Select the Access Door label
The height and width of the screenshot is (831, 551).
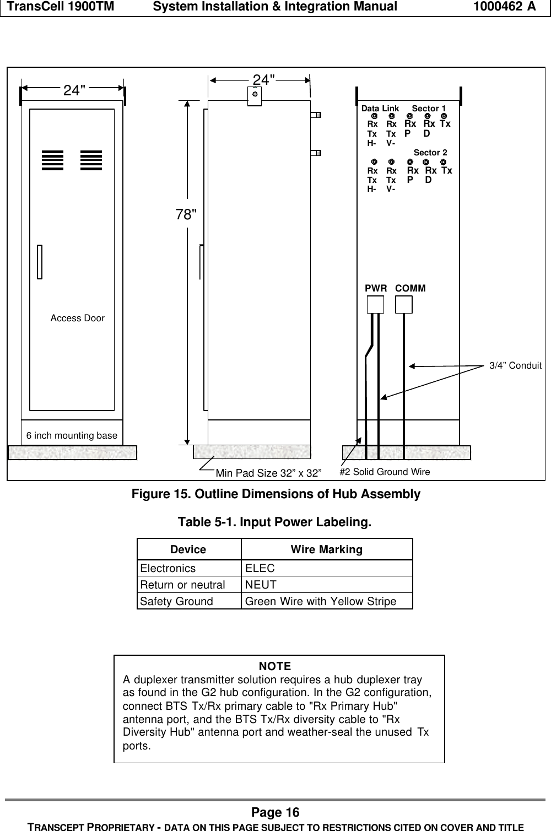click(77, 318)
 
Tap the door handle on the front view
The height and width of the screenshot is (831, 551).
click(40, 261)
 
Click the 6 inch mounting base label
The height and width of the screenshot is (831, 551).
click(72, 435)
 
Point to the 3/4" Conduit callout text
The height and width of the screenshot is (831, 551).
click(515, 365)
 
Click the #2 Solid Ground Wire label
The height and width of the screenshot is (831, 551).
click(385, 472)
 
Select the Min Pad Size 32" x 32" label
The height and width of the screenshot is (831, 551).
click(268, 472)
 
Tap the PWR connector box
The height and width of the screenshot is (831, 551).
click(375, 305)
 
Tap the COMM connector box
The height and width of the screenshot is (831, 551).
click(404, 305)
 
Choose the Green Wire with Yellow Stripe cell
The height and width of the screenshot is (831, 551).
click(320, 601)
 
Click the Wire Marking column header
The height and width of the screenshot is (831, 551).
click(326, 549)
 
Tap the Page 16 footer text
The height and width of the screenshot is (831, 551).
click(275, 812)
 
